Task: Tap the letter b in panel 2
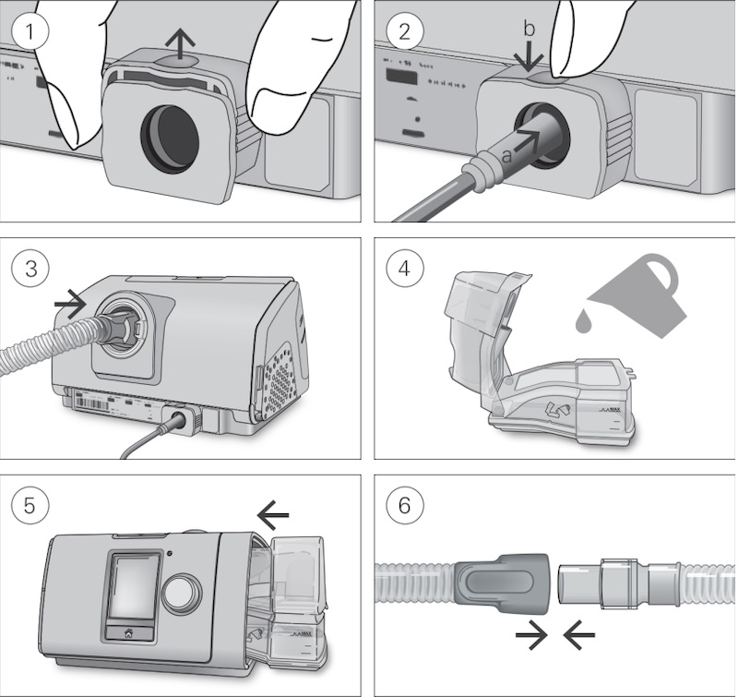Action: pos(529,30)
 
